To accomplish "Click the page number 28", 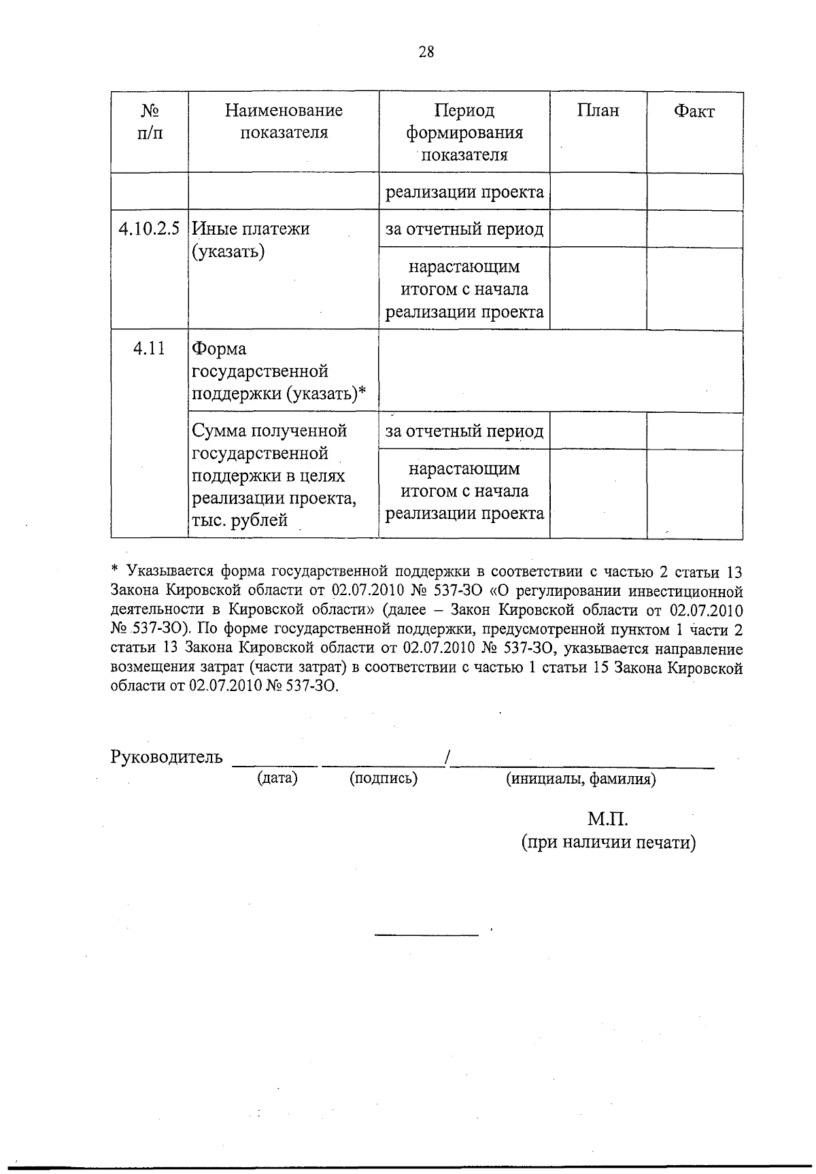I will (x=426, y=52).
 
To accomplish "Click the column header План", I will (x=598, y=111).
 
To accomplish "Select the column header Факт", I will (x=694, y=112).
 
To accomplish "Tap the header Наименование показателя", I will (x=284, y=121).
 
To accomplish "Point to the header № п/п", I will (x=150, y=121).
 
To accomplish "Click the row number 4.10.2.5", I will (x=149, y=229).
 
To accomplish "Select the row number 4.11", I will (x=149, y=349).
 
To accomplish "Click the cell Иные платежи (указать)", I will (x=251, y=240).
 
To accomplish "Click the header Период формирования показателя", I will (x=464, y=132).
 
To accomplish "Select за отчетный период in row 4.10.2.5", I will (x=464, y=229).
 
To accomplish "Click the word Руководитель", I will (x=167, y=756).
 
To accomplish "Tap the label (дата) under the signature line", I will (x=277, y=777).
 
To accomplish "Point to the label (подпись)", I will (x=384, y=778).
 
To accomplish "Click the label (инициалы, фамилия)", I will (x=580, y=779).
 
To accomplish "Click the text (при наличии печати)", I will (x=608, y=843).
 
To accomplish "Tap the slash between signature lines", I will (x=446, y=757).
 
